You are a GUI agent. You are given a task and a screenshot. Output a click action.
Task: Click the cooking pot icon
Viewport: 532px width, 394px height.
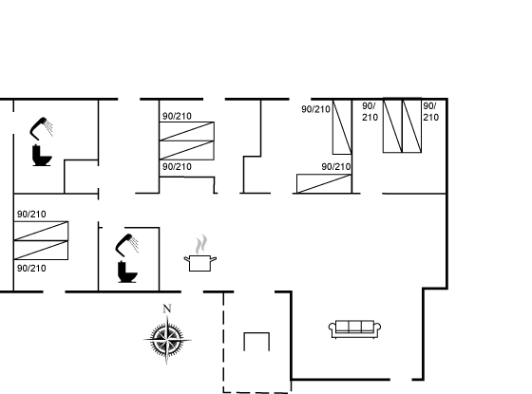click(x=200, y=263)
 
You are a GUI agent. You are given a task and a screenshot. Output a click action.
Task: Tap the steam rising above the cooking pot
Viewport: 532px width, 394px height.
click(x=201, y=244)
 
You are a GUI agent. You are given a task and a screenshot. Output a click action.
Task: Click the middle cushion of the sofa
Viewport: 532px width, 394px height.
click(x=355, y=327)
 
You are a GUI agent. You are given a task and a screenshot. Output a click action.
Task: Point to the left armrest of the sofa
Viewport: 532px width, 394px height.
click(x=332, y=328)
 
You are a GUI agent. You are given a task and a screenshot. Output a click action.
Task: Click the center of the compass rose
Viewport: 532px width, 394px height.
click(x=166, y=339)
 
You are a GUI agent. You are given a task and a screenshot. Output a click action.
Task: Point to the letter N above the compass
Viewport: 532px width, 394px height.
click(x=167, y=309)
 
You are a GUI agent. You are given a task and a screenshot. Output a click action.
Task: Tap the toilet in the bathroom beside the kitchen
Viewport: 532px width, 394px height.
click(x=127, y=272)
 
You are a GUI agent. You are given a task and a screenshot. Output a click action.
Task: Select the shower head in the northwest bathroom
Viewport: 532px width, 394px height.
click(x=42, y=128)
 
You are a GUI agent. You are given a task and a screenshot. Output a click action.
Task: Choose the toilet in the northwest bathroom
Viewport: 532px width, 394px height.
click(x=42, y=156)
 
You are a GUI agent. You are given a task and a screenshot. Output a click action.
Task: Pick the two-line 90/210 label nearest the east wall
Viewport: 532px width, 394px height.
click(x=431, y=112)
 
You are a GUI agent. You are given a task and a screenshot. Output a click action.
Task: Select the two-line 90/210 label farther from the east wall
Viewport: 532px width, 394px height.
click(x=370, y=112)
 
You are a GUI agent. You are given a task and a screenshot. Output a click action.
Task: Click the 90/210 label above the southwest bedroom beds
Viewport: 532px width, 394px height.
click(x=31, y=215)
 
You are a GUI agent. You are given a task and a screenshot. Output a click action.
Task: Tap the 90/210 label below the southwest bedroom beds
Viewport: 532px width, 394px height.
click(x=31, y=269)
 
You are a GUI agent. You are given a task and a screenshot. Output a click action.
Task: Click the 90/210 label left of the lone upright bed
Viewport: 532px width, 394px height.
click(x=315, y=109)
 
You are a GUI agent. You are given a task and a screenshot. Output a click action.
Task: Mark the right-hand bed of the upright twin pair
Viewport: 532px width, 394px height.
click(x=412, y=126)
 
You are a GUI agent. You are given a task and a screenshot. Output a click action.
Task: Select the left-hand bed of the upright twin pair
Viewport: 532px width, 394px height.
click(x=392, y=126)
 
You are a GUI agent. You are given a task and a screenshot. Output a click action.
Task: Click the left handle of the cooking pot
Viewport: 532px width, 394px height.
click(x=186, y=259)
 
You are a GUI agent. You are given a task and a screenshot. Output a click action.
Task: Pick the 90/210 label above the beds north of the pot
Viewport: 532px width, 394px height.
click(x=177, y=116)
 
